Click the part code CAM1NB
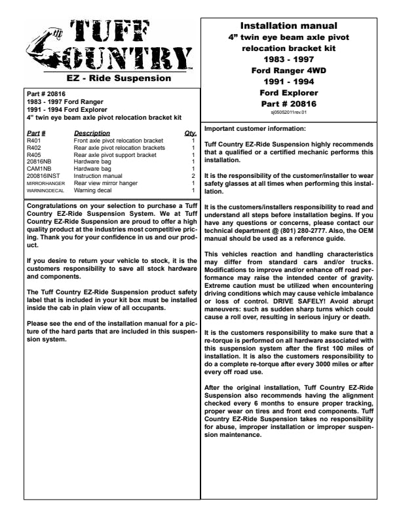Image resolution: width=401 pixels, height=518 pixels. [39, 169]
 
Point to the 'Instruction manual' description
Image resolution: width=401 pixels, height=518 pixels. [98, 176]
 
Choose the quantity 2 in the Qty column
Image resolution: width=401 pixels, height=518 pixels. [193, 176]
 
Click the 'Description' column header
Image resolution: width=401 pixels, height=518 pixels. [92, 133]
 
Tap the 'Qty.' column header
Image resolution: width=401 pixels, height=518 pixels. [191, 133]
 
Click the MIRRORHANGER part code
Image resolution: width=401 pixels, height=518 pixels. [46, 184]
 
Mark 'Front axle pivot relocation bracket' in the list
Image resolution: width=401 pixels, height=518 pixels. [119, 141]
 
